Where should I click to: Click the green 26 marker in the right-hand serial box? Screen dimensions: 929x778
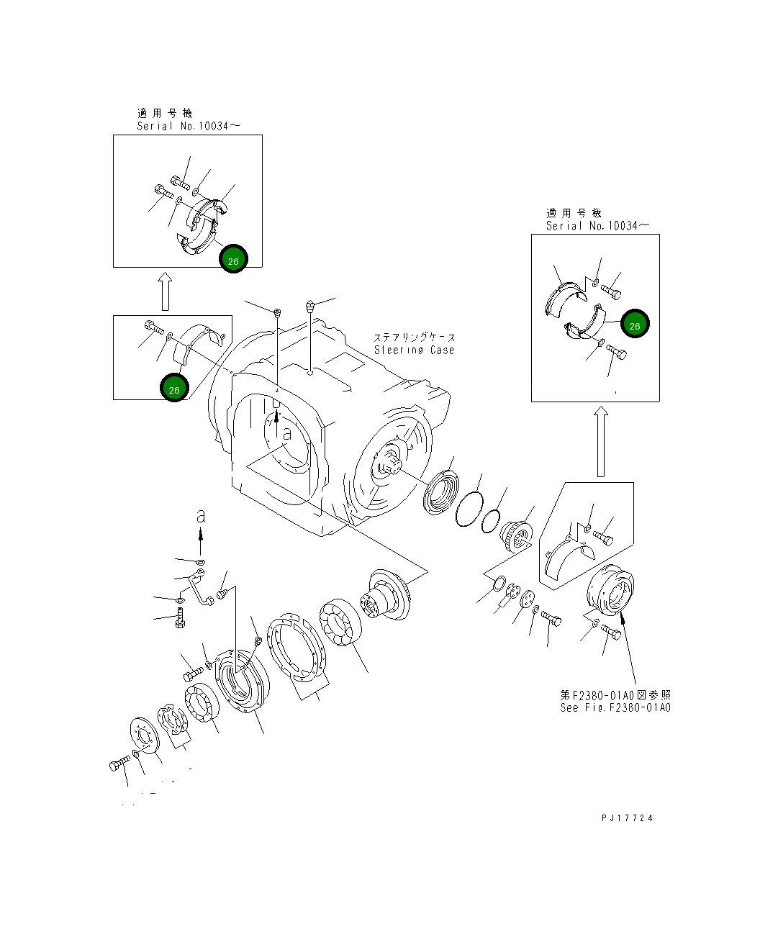[x=635, y=325]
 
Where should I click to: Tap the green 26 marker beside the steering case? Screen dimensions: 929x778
[x=174, y=388]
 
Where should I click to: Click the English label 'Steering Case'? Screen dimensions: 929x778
[x=414, y=350]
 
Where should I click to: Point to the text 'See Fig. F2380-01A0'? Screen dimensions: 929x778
[x=615, y=708]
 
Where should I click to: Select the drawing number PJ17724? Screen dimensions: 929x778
[x=628, y=818]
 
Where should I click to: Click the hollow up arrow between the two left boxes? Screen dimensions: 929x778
[x=165, y=290]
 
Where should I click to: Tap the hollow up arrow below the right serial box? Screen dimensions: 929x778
[x=601, y=441]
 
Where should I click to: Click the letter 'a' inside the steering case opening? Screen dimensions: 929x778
[x=286, y=434]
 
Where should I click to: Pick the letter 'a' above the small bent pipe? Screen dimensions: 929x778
[x=201, y=516]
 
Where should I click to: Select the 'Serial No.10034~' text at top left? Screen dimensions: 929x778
[x=189, y=127]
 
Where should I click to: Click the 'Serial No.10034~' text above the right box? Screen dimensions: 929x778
[x=597, y=226]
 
